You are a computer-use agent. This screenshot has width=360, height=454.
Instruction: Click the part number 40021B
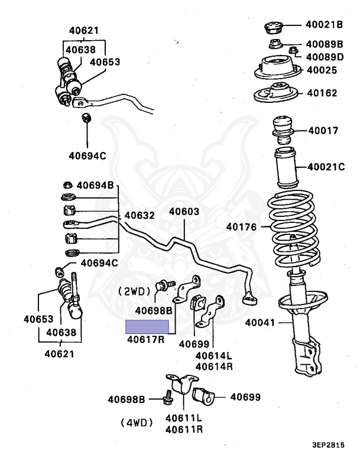point(325,25)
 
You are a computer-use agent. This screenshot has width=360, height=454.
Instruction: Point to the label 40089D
point(325,57)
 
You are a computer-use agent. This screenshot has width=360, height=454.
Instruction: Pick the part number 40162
point(320,93)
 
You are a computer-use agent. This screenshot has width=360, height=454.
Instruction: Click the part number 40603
point(184,212)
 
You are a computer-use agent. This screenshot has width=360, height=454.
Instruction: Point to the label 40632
point(140,216)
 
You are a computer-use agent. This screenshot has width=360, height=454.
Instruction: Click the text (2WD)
point(137,291)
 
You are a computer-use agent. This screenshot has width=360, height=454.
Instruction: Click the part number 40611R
point(184,428)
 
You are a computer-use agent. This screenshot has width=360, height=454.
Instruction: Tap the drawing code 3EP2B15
point(329,445)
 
